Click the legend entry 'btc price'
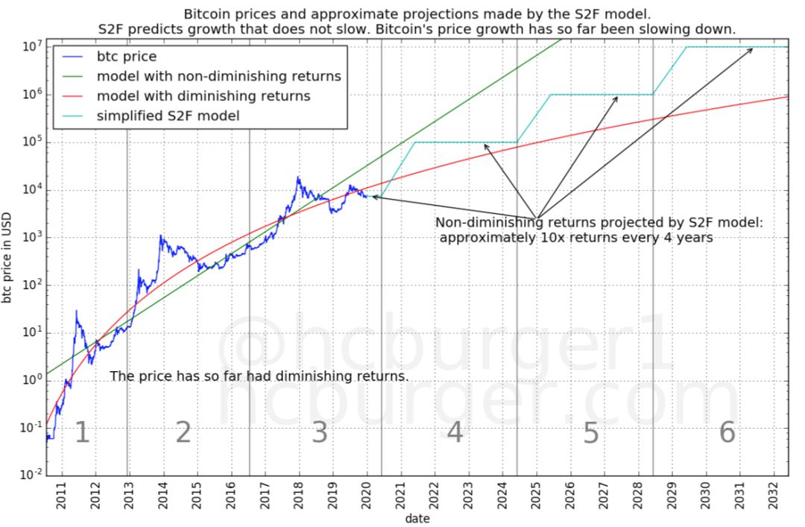pyautogui.click(x=125, y=56)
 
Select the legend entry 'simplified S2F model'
pyautogui.click(x=168, y=116)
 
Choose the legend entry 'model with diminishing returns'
pyautogui.click(x=203, y=96)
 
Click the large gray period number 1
pyautogui.click(x=82, y=433)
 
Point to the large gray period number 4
pyautogui.click(x=454, y=433)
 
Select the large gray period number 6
pyautogui.click(x=727, y=433)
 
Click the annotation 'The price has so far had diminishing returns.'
pyautogui.click(x=259, y=376)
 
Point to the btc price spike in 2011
pyautogui.click(x=76, y=311)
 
